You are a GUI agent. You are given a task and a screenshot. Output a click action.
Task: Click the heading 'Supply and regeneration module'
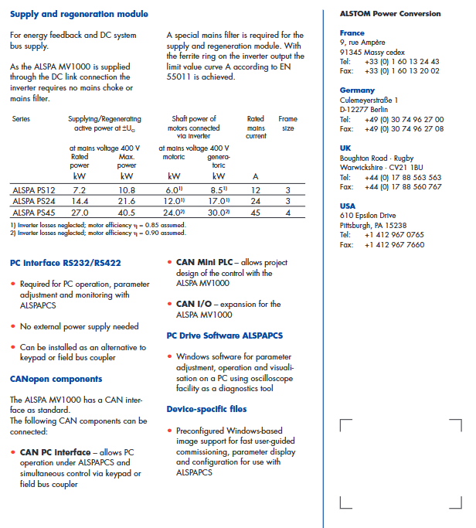click(79, 15)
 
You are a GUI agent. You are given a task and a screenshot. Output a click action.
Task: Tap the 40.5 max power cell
click(127, 212)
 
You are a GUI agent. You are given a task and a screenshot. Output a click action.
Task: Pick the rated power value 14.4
click(79, 201)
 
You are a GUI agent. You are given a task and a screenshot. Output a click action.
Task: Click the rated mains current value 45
click(255, 212)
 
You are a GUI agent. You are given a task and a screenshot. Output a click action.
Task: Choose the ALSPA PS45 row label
click(33, 212)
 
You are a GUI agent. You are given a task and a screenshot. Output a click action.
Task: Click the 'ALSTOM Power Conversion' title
click(390, 14)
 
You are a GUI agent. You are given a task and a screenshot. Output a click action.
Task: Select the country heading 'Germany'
click(357, 90)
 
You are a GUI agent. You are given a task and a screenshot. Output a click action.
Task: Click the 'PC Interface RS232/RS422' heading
click(65, 263)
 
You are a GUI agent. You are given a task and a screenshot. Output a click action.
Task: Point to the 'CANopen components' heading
click(56, 379)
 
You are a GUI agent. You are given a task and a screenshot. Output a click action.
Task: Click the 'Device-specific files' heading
click(207, 409)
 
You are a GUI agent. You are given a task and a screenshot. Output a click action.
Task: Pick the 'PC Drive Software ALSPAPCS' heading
click(225, 336)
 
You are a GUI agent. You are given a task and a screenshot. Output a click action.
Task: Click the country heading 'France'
click(352, 33)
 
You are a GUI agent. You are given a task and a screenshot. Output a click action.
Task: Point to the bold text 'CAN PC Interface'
click(55, 452)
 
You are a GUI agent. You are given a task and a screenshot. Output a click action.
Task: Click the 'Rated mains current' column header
click(255, 128)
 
